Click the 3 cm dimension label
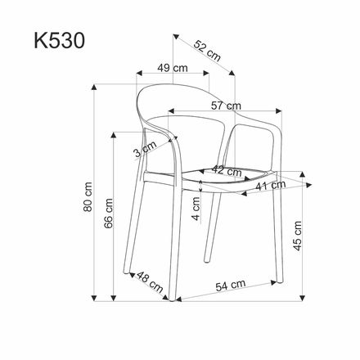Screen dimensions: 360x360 [145, 150]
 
